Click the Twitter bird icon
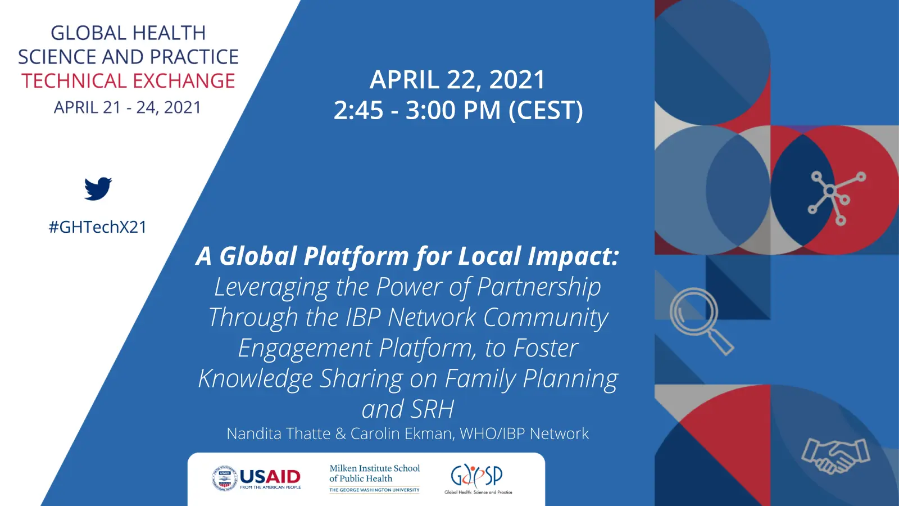point(98,188)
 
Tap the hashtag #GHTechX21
point(98,227)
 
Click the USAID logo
point(256,478)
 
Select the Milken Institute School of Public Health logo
point(374,478)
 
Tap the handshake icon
point(836,456)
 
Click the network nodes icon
point(837,197)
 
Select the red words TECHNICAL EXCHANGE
point(128,81)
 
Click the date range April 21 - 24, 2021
point(128,107)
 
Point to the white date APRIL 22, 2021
point(457,79)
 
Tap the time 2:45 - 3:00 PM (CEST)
point(458,110)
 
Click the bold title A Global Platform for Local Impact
point(407,256)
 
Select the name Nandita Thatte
point(279,433)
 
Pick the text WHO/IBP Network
point(525,433)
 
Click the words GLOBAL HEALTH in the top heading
point(128,33)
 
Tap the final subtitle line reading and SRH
point(408,409)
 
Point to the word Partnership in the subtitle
point(539,287)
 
